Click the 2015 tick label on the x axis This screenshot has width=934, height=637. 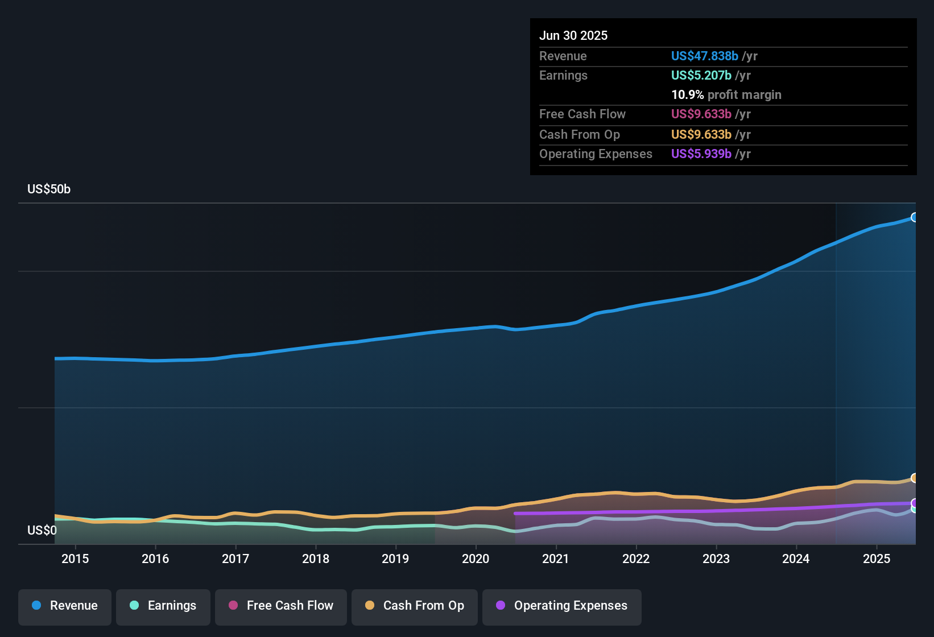[x=75, y=559]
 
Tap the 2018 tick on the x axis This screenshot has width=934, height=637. [x=316, y=559]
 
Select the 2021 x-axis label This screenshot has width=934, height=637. [x=556, y=559]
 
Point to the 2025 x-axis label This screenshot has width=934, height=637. [x=876, y=559]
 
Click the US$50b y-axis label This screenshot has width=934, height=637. [x=49, y=189]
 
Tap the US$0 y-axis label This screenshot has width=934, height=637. [x=42, y=530]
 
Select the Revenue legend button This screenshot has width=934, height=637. [x=65, y=606]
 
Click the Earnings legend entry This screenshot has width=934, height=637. [x=163, y=606]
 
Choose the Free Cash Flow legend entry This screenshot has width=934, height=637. [x=281, y=606]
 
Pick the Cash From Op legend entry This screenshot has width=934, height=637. [x=415, y=606]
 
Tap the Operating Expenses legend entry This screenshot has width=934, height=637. [x=562, y=606]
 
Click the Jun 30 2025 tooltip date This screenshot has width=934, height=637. [x=573, y=35]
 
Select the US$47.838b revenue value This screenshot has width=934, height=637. [x=704, y=56]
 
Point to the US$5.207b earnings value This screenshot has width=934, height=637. [x=701, y=75]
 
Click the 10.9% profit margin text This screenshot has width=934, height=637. [x=726, y=94]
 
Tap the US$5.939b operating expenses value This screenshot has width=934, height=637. [x=701, y=154]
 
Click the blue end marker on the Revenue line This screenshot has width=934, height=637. [x=914, y=217]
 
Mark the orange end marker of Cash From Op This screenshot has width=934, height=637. [x=914, y=478]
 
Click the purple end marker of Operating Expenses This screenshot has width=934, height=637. [x=914, y=503]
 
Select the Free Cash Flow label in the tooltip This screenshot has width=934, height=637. [x=582, y=114]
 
